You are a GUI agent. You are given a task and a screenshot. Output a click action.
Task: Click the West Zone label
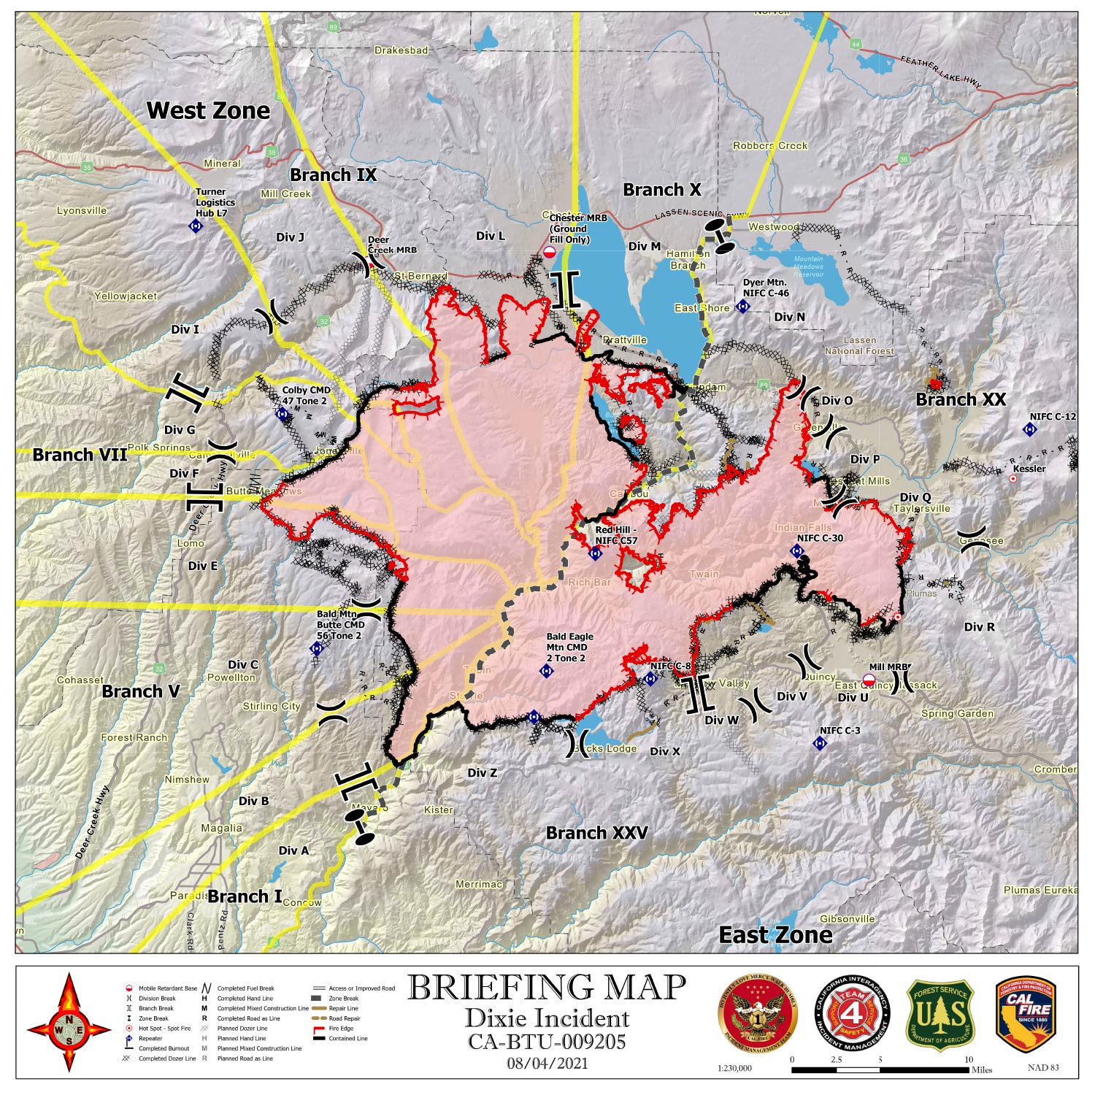[x=208, y=111]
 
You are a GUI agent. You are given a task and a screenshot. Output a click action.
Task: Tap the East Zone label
[x=775, y=935]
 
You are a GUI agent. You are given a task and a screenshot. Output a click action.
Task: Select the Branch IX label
[x=333, y=175]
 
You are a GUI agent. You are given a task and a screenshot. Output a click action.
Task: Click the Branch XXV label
[x=596, y=833]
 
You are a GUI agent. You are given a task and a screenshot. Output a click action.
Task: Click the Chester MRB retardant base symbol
[x=549, y=252]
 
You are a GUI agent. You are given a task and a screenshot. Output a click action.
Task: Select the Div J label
[x=290, y=237]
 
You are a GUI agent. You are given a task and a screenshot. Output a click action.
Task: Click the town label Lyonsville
[x=82, y=211]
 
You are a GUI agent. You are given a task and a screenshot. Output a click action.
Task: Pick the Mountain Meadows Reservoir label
[x=808, y=266]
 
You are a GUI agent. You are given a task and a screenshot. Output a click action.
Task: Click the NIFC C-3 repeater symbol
[x=820, y=743]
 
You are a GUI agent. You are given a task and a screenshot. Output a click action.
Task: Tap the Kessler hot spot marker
[x=1013, y=479]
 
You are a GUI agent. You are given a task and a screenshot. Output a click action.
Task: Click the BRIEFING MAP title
[x=547, y=988]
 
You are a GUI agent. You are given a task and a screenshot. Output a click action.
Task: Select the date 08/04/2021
[x=547, y=1063]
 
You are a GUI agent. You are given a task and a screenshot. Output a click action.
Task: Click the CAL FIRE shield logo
[x=1026, y=1015]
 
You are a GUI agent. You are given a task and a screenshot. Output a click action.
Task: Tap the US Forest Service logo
[x=940, y=1015]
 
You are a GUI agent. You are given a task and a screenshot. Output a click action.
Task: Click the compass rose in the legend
[x=69, y=1022]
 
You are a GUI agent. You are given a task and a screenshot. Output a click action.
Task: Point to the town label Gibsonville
[x=847, y=919]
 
